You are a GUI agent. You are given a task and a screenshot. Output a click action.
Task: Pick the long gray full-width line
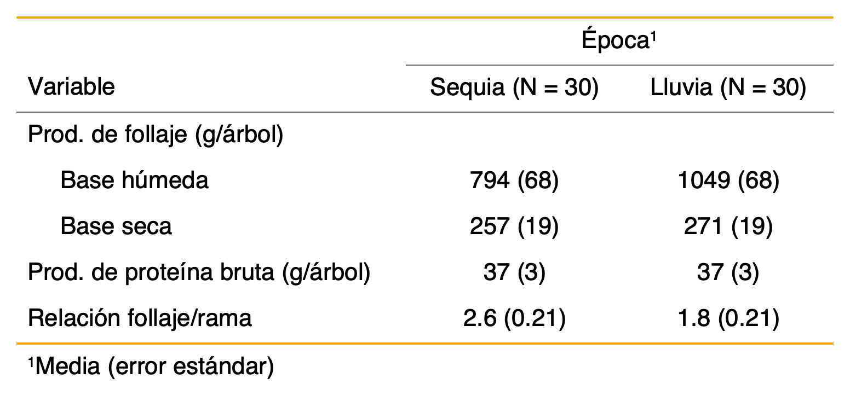point(274,112)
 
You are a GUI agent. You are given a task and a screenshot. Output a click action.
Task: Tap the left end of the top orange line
point(18,18)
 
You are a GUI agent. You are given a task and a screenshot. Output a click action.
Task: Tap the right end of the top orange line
point(832,18)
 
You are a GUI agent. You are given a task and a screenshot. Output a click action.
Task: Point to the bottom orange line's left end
point(18,344)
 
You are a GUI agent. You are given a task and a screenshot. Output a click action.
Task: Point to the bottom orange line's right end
point(832,344)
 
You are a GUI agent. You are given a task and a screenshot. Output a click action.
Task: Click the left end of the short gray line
point(407,65)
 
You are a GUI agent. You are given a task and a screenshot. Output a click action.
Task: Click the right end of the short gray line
point(832,65)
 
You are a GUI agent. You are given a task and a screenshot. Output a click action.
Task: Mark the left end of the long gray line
point(18,112)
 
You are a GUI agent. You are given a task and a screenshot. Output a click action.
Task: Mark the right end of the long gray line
point(832,112)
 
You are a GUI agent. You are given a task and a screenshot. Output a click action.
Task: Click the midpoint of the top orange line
point(425,18)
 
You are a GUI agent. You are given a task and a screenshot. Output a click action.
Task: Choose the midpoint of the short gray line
point(619,65)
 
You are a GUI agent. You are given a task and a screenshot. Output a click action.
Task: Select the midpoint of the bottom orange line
point(425,344)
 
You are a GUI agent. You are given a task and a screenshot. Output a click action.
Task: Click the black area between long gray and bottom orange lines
point(425,228)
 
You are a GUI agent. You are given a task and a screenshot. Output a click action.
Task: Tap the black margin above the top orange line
point(425,8)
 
